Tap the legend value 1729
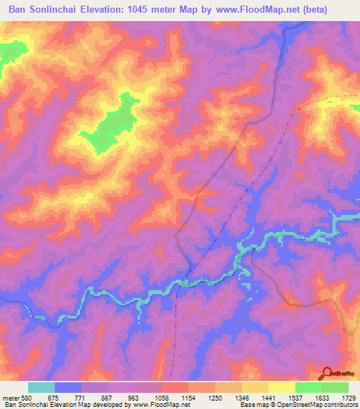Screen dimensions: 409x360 [349, 397]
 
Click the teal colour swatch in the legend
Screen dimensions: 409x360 [41, 387]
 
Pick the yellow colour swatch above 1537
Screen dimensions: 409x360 [282, 387]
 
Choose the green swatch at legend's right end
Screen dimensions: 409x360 [335, 387]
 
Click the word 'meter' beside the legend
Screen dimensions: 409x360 [11, 397]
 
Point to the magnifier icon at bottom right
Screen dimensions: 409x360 [328, 373]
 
